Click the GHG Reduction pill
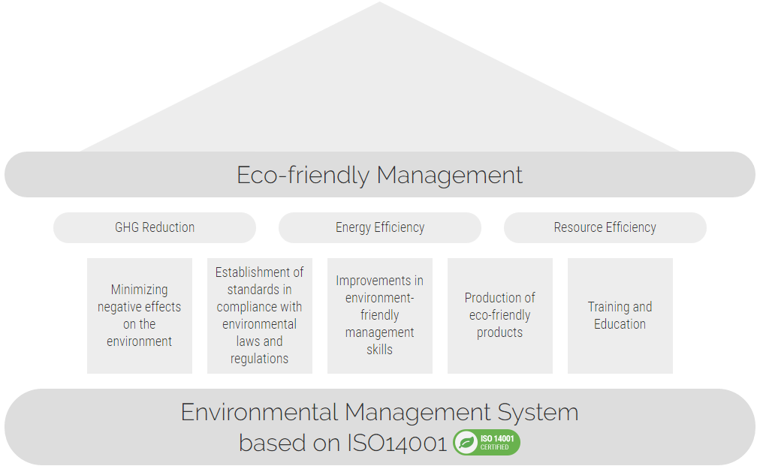pos(155,227)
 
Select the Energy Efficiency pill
pos(380,227)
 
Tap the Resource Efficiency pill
pos(605,227)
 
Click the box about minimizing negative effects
pos(140,315)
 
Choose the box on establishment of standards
pos(260,315)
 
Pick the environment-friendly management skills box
pos(380,315)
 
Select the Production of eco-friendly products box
pos(500,315)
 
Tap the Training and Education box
pos(620,315)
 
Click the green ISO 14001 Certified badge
pos(487,442)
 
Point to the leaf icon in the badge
pos(466,442)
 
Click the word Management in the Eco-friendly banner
pos(449,176)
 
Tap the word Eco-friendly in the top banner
pos(303,175)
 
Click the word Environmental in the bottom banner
pos(259,412)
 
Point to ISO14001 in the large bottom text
pos(397,443)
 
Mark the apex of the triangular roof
pos(380,2)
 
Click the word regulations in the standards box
pos(259,359)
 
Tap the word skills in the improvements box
pos(379,350)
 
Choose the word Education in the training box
pos(620,324)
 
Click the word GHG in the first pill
pos(127,227)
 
